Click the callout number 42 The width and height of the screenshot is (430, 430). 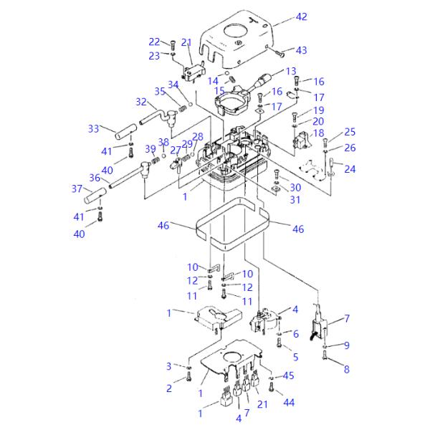[x=301, y=16]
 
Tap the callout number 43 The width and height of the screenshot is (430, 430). [x=301, y=50]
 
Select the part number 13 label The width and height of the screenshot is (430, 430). [x=290, y=72]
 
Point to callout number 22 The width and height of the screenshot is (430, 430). [x=155, y=42]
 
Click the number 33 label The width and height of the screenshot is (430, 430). [x=94, y=128]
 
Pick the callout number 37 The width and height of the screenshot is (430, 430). [x=77, y=188]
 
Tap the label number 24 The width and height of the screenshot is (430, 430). [x=350, y=170]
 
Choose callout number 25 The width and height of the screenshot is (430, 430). [x=350, y=132]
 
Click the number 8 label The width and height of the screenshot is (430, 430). [x=347, y=370]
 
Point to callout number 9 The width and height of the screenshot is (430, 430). [x=347, y=345]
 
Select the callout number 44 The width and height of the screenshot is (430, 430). [x=289, y=403]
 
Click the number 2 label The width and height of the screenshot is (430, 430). [x=170, y=388]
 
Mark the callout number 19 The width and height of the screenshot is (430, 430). [x=318, y=110]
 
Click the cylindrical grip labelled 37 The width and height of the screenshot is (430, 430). [x=96, y=194]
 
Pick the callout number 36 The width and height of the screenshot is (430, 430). [x=94, y=178]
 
